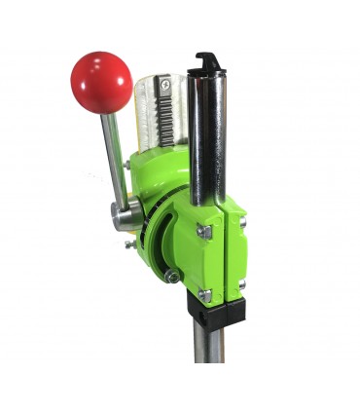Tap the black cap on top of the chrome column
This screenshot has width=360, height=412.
pos(209,65)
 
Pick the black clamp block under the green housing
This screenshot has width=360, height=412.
pos(215,311)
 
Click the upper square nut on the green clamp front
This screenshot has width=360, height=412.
pos(205,231)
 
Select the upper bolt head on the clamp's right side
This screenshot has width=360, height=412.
pos(241,222)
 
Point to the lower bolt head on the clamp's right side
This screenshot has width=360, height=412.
pos(241,283)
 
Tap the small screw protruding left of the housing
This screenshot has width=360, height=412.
pos(128,245)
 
